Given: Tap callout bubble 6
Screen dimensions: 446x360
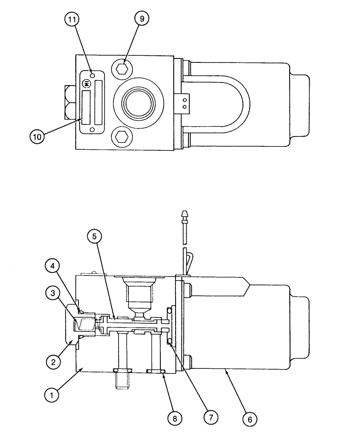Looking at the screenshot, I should tap(250, 419).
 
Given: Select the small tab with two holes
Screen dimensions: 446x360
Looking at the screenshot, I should tap(184, 103).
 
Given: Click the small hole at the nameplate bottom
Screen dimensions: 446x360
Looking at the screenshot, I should tap(92, 129).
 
